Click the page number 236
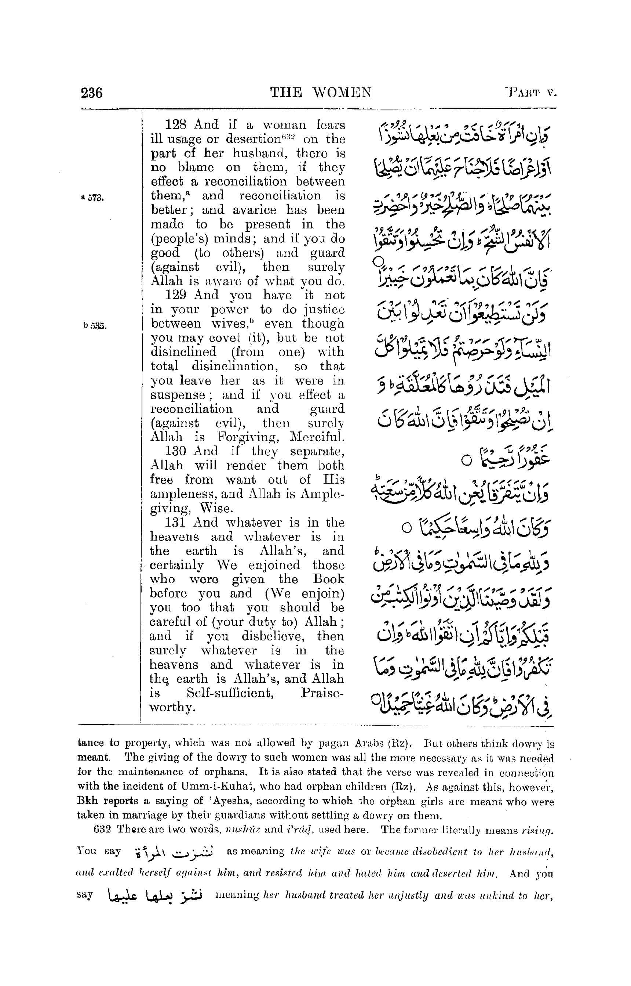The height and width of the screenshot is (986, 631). point(92,93)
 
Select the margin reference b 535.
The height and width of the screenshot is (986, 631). point(95,326)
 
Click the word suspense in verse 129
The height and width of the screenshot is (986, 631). point(178,396)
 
